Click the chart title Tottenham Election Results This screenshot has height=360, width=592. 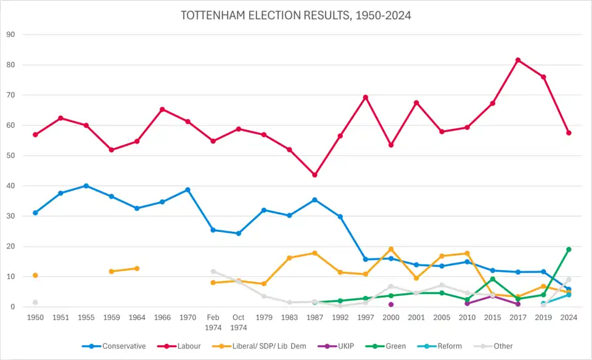tap(296, 15)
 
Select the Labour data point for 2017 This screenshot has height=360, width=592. tap(518, 60)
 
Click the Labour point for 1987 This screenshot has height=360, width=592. tap(314, 175)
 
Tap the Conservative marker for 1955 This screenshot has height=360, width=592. tap(86, 186)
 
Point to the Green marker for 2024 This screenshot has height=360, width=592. tap(569, 249)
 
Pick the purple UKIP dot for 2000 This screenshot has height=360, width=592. tap(391, 305)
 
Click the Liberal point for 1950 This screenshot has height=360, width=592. tap(35, 275)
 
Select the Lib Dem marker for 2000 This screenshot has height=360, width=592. tap(391, 249)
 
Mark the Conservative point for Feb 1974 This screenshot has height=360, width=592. tap(213, 230)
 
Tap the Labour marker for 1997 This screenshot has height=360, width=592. tap(366, 97)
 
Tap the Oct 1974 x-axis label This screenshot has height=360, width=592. tap(238, 322)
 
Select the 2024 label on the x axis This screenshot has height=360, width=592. tap(569, 317)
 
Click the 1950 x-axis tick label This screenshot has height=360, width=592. tap(35, 317)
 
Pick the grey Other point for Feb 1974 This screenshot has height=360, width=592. tap(213, 271)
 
